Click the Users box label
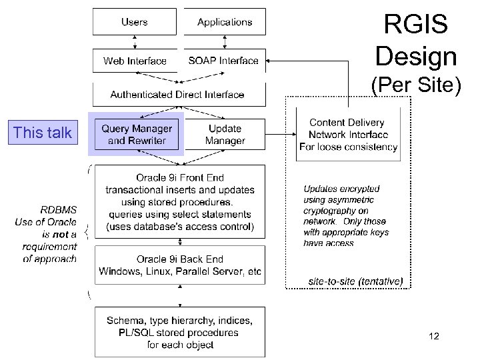click(135, 22)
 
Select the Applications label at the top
click(225, 22)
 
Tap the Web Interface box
click(135, 61)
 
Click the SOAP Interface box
click(223, 61)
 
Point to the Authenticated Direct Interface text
click(177, 95)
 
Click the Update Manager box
click(225, 134)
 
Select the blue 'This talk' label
click(43, 133)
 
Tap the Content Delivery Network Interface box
click(347, 135)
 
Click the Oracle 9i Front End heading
click(180, 178)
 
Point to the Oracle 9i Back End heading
click(180, 259)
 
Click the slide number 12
click(434, 337)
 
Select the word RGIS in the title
click(416, 25)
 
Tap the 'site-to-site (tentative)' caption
click(355, 281)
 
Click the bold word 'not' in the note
click(60, 234)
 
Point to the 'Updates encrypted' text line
click(341, 189)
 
